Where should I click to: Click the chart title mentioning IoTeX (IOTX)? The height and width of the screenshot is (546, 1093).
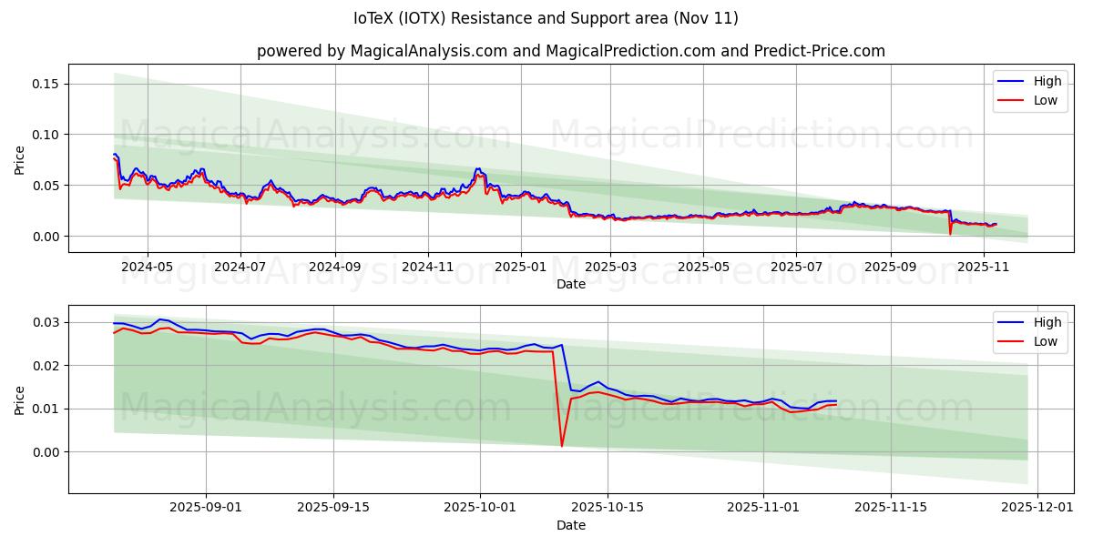546,18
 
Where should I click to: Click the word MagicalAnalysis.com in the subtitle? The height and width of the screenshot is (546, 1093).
428,51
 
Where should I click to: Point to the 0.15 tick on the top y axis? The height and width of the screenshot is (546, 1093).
46,84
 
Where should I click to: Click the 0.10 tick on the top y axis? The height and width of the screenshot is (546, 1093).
46,135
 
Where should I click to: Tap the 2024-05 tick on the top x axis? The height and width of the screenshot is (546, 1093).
147,268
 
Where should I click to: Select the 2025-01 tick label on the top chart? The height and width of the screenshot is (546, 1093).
521,268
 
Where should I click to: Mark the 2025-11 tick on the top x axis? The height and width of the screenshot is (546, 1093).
984,268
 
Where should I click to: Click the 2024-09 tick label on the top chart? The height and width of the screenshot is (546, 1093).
334,268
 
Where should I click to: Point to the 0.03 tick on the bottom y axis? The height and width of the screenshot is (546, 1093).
46,322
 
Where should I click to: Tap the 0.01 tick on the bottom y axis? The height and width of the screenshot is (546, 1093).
46,409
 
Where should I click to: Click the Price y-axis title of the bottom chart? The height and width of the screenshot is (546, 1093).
20,399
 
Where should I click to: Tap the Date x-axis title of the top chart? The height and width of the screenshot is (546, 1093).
571,284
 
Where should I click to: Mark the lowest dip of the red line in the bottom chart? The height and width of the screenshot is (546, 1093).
562,446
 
